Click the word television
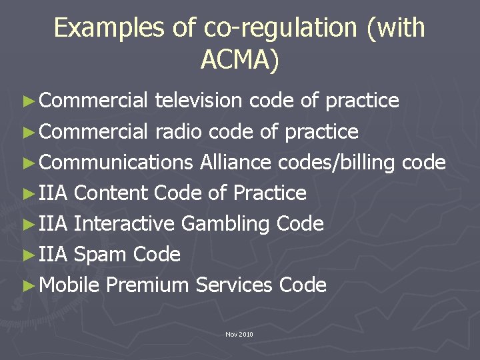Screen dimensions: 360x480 point(199,101)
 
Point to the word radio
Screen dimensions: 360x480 point(179,131)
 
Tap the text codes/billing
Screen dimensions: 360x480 point(336,162)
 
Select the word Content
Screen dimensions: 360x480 point(111,193)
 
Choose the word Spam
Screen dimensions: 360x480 point(101,254)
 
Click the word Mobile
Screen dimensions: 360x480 point(70,285)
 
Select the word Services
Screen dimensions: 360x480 point(234,285)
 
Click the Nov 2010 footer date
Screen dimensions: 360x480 point(239,334)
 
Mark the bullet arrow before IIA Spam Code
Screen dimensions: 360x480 point(27,254)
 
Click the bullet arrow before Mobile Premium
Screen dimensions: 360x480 point(27,285)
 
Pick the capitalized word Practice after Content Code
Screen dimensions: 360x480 point(270,193)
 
